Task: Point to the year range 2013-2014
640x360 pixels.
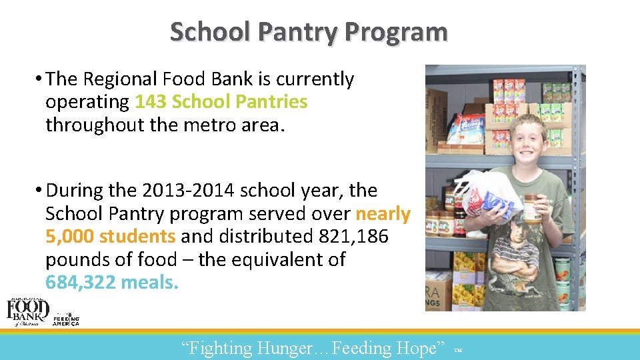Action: click(x=188, y=191)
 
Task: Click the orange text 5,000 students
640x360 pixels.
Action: click(x=111, y=237)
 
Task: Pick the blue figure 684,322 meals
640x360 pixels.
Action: click(x=112, y=283)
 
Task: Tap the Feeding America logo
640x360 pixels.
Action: click(x=66, y=319)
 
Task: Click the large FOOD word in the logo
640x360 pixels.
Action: click(x=28, y=308)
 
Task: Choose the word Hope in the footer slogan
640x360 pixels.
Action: click(x=419, y=348)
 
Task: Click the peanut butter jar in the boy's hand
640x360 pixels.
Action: click(x=532, y=209)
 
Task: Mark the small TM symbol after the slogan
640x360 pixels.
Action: click(x=457, y=350)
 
